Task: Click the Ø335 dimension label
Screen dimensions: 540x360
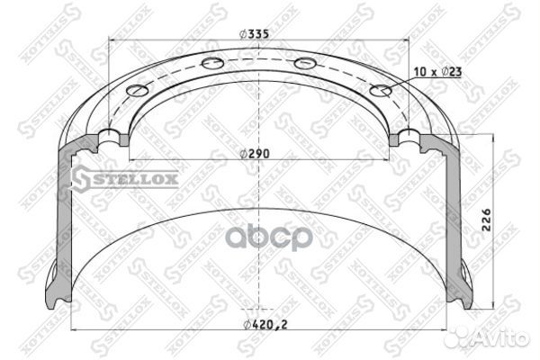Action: point(254,34)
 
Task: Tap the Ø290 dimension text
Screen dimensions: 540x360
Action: point(255,154)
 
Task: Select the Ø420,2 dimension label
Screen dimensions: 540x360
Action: point(265,325)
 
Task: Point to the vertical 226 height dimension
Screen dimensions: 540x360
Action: point(486,220)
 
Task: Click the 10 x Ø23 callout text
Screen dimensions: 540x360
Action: point(437,72)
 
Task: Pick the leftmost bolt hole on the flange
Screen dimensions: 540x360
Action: point(137,90)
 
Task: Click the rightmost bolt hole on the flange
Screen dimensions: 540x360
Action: point(381,91)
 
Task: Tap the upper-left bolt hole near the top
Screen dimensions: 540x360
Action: point(212,63)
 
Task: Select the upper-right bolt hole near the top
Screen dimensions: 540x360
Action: point(305,63)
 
